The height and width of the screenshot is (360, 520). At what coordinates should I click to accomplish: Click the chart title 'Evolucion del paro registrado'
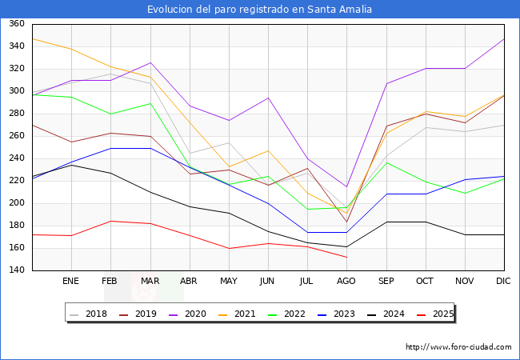coord(260,10)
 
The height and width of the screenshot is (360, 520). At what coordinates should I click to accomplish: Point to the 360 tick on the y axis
coord(17,24)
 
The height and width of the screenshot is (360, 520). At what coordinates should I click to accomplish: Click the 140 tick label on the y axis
coord(17,270)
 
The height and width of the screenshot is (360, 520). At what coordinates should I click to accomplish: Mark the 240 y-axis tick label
coord(17,158)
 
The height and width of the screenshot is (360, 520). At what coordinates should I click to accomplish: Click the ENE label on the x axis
coord(70,282)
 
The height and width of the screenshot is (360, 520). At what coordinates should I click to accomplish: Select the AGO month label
coord(346,282)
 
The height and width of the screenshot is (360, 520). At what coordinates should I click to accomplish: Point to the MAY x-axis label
coord(228,282)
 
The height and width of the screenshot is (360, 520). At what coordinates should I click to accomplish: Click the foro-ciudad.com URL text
coord(458,347)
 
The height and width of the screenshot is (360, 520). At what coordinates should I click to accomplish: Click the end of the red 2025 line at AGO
coord(346,257)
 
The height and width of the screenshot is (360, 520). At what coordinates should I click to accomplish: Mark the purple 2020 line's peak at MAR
coord(150,62)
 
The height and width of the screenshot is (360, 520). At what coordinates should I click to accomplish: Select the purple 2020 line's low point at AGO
coord(346,186)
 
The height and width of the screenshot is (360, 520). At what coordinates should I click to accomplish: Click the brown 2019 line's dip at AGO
coord(346,222)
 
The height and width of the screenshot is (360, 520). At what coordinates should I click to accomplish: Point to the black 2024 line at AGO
coord(346,247)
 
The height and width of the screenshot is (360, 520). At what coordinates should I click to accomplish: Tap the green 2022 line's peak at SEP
coord(386,162)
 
